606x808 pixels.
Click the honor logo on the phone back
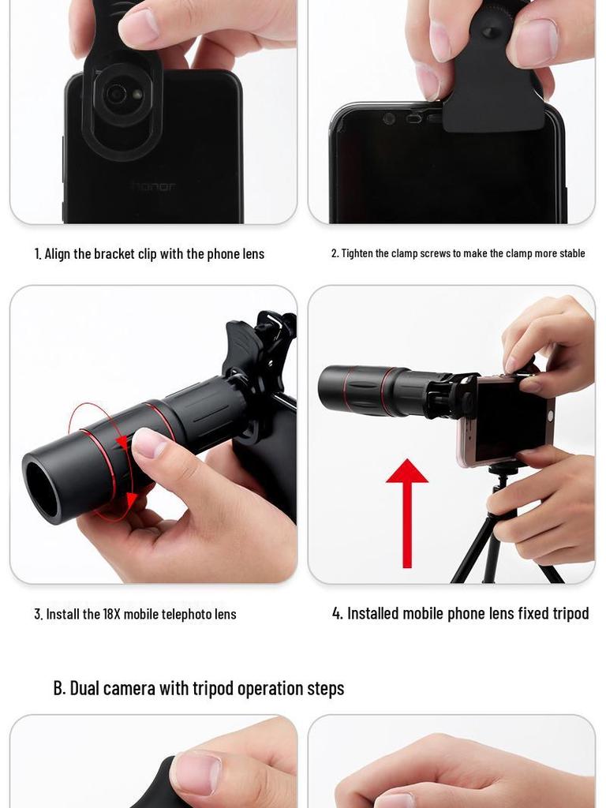pyautogui.click(x=154, y=186)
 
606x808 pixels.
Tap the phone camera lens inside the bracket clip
pyautogui.click(x=117, y=94)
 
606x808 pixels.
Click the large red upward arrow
pyautogui.click(x=407, y=513)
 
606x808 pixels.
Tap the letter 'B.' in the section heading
pyautogui.click(x=60, y=688)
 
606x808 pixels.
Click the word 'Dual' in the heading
pyautogui.click(x=84, y=688)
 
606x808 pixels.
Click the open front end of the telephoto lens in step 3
pyautogui.click(x=42, y=489)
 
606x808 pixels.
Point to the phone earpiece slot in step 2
pyautogui.click(x=414, y=119)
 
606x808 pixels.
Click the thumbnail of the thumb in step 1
pyautogui.click(x=140, y=26)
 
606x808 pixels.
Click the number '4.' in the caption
pyautogui.click(x=338, y=614)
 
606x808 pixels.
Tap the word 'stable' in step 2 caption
pyautogui.click(x=573, y=253)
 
